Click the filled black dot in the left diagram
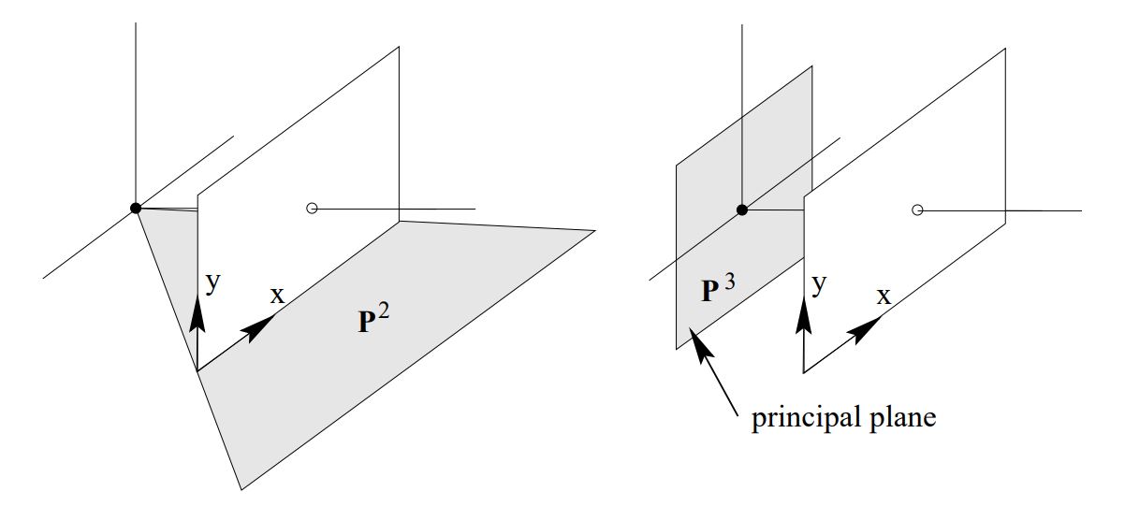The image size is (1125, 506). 136,208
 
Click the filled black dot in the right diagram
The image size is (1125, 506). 742,210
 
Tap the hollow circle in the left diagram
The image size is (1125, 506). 313,209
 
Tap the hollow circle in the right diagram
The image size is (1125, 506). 918,210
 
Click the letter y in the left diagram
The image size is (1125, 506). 213,283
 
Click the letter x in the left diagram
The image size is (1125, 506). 277,296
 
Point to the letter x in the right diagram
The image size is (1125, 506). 884,296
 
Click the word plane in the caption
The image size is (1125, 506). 899,418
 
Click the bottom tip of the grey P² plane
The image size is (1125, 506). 241,488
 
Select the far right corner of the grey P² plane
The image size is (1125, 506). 594,230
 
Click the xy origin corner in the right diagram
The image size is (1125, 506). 803,372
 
